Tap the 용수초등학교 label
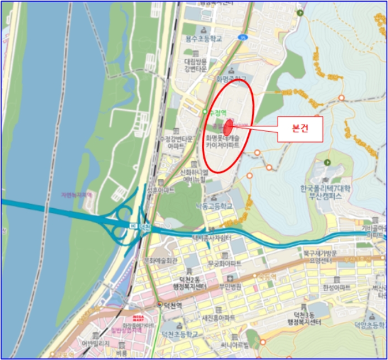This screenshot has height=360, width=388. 203,39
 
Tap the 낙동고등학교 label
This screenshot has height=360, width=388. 214,205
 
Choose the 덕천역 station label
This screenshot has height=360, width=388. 172,305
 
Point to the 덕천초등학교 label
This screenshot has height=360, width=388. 180,335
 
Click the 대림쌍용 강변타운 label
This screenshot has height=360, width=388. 196,65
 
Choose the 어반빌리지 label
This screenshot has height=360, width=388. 98,344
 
